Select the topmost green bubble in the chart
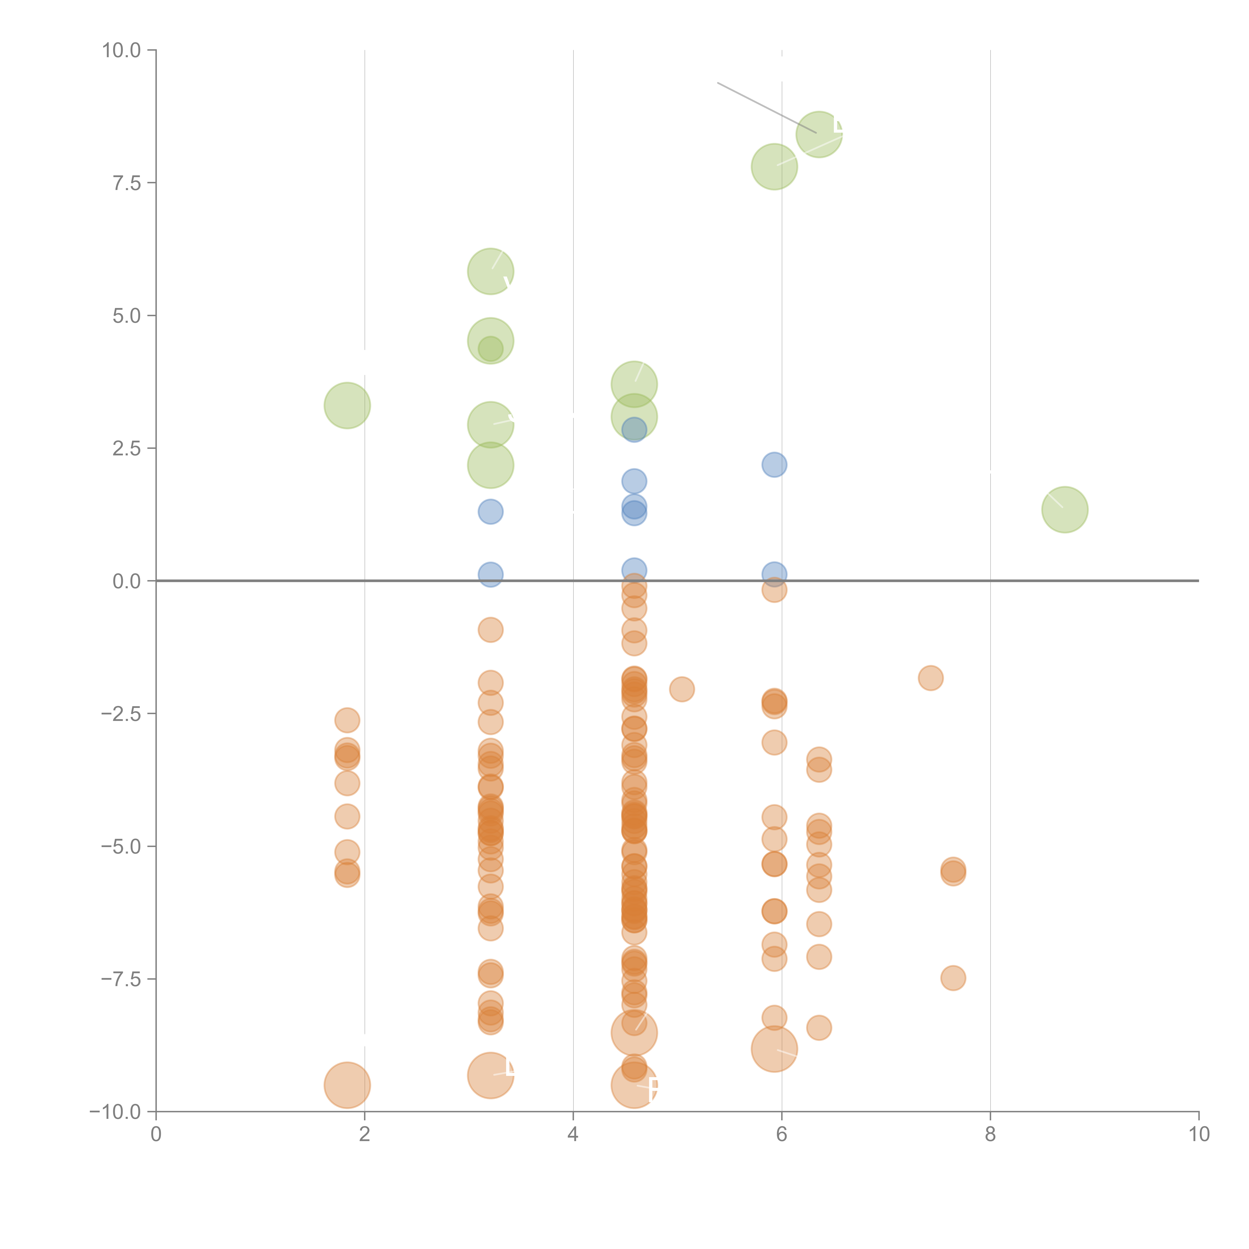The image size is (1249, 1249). [x=819, y=134]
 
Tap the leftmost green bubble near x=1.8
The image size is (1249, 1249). [x=347, y=405]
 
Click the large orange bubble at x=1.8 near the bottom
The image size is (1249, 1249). [x=347, y=1085]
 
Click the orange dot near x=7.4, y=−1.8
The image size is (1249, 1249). [x=930, y=677]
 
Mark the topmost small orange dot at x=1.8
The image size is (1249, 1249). [x=347, y=719]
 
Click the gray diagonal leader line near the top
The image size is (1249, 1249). [x=766, y=107]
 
